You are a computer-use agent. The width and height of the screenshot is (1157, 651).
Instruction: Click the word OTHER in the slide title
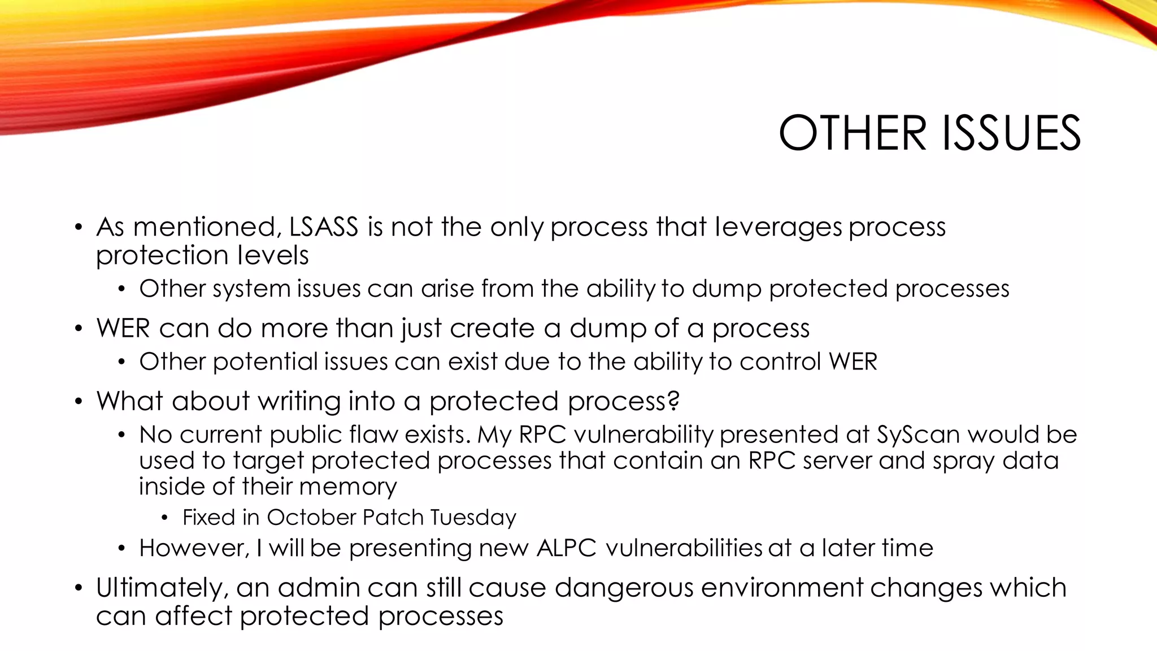[x=852, y=133]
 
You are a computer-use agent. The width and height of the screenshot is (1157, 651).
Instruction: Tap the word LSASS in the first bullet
[x=324, y=227]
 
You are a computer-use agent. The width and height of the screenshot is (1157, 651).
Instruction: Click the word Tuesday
[x=473, y=517]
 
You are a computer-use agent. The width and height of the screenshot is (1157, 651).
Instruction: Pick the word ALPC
[x=566, y=548]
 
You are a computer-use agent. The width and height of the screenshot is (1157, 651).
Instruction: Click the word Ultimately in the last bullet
[x=162, y=588]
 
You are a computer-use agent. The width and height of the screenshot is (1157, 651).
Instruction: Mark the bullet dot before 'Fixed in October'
[x=164, y=518]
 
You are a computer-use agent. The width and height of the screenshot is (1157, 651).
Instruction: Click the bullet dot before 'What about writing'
[x=79, y=401]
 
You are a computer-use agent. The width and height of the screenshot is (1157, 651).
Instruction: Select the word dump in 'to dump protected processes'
[x=727, y=289]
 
